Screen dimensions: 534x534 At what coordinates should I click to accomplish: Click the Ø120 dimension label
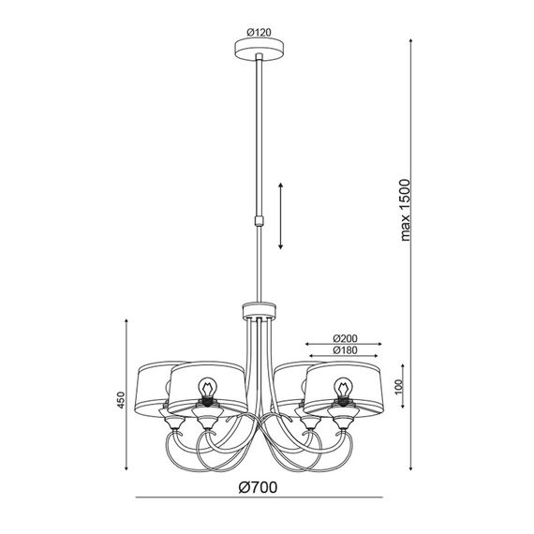point(260,33)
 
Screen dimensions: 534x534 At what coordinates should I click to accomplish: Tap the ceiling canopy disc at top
point(260,50)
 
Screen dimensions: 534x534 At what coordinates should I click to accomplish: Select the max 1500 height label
point(406,210)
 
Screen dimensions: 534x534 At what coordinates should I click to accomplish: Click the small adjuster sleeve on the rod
point(260,221)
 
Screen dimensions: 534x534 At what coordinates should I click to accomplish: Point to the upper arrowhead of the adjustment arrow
point(281,185)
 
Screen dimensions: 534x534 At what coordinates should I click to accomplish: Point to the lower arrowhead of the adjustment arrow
point(281,246)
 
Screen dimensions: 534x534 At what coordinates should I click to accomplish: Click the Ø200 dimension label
point(346,338)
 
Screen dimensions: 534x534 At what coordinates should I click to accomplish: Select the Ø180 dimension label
point(346,350)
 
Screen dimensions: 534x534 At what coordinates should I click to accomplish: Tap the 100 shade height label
point(398,387)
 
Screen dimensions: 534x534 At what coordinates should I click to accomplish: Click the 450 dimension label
point(121,401)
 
